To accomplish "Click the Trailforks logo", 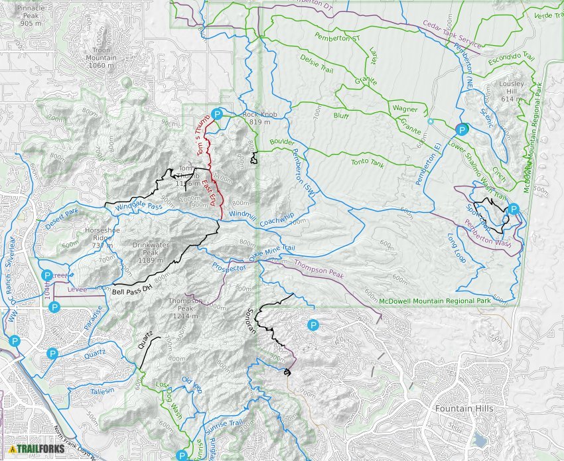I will tap(37, 449).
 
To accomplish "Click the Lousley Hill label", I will tap(513, 91).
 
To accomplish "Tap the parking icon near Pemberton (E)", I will tap(462, 129).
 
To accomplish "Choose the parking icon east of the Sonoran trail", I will tap(313, 325).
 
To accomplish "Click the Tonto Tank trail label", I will tap(368, 163).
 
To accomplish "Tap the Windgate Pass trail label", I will tap(139, 208).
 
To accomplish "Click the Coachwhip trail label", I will tap(277, 220).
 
